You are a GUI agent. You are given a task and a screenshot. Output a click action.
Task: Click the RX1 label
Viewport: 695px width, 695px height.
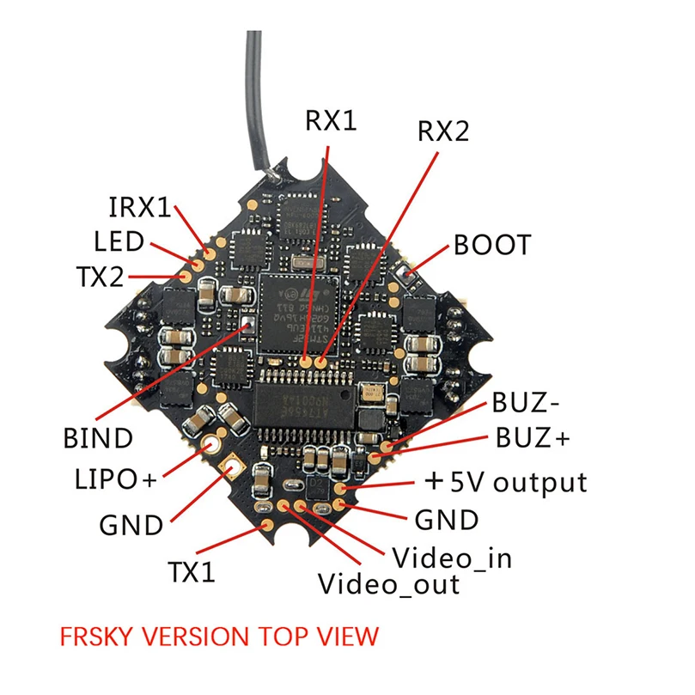330,121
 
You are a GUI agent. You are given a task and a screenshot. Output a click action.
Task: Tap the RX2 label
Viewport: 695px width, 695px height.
443,131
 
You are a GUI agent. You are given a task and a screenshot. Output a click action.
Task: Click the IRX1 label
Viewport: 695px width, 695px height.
139,207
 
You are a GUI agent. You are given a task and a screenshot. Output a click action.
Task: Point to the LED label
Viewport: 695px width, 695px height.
119,241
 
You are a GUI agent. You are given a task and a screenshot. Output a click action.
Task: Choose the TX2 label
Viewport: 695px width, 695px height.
99,277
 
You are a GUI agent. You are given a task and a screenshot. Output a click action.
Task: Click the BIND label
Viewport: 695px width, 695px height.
98,438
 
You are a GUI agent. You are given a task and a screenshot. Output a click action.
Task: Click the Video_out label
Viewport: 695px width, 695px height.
389,585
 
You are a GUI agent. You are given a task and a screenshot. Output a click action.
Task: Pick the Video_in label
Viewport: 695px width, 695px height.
452,558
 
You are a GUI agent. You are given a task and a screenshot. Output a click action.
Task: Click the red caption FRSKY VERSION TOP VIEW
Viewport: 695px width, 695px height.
218,637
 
